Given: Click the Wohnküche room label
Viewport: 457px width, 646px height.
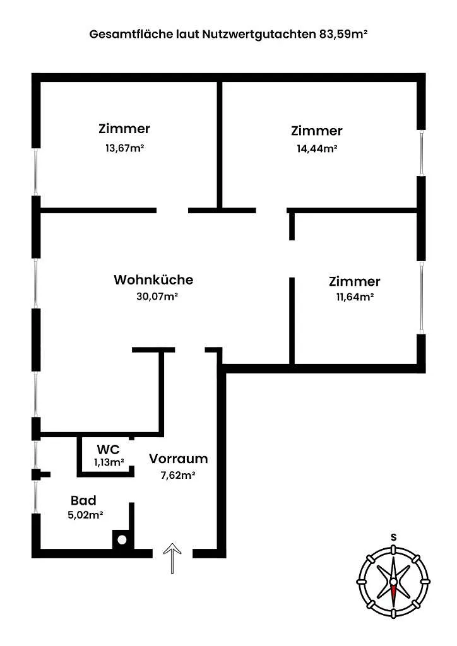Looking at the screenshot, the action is (153, 279).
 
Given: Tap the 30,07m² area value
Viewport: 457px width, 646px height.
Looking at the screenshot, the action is (157, 297).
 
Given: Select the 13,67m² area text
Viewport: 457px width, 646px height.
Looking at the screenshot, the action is (124, 148).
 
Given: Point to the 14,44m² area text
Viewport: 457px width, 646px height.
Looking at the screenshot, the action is (317, 148).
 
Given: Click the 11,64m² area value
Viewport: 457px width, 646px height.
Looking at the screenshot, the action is (355, 297).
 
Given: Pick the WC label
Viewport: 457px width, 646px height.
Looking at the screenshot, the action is (109, 449).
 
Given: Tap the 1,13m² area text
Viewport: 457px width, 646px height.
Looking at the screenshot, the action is (109, 462).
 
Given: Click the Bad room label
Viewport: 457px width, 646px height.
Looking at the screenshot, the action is (84, 500).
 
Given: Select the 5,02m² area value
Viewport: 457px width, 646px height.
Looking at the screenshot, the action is (85, 515).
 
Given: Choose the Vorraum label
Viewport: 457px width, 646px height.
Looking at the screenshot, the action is (179, 459).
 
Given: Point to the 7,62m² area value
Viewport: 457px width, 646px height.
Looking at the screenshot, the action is (177, 475).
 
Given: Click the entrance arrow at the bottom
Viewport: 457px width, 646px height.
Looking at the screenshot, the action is (172, 558).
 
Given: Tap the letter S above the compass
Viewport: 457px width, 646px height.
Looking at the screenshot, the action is (394, 537).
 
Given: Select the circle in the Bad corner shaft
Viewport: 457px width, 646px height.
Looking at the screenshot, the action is (122, 539).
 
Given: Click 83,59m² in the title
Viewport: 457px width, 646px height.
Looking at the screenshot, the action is (343, 34).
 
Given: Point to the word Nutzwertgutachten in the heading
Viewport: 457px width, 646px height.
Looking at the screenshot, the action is (259, 34).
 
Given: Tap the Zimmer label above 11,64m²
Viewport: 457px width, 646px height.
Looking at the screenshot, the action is (354, 281).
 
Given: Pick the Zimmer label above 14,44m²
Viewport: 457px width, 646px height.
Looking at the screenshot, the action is (316, 131).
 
